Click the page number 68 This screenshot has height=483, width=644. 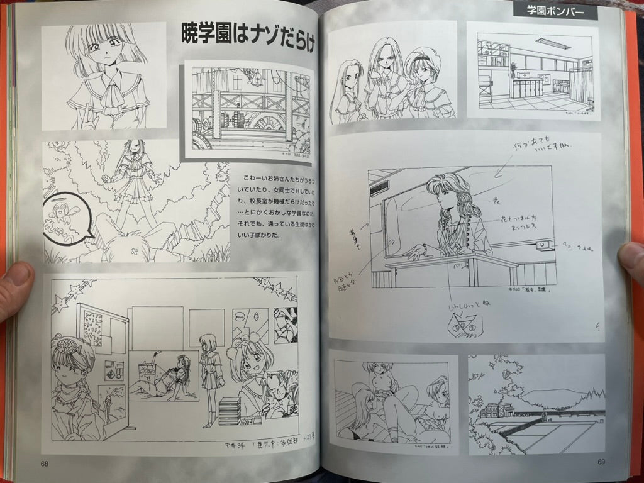click(45, 464)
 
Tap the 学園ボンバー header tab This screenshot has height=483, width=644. click(555, 11)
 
